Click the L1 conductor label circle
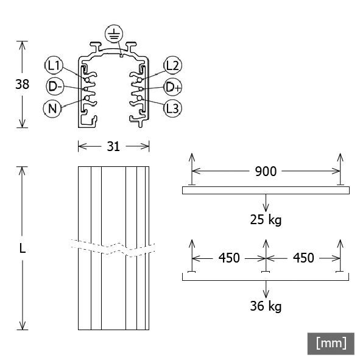tap(53, 65)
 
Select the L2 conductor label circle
tap(172, 65)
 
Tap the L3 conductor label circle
tap(172, 108)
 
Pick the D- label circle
tap(55, 86)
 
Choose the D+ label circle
tap(172, 87)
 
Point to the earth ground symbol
tap(113, 34)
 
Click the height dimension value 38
tap(22, 85)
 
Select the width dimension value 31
tap(114, 146)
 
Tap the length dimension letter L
tap(23, 248)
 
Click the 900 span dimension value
tap(265, 171)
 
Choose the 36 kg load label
tap(266, 306)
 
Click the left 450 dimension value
tap(228, 258)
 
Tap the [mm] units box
tap(331, 343)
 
